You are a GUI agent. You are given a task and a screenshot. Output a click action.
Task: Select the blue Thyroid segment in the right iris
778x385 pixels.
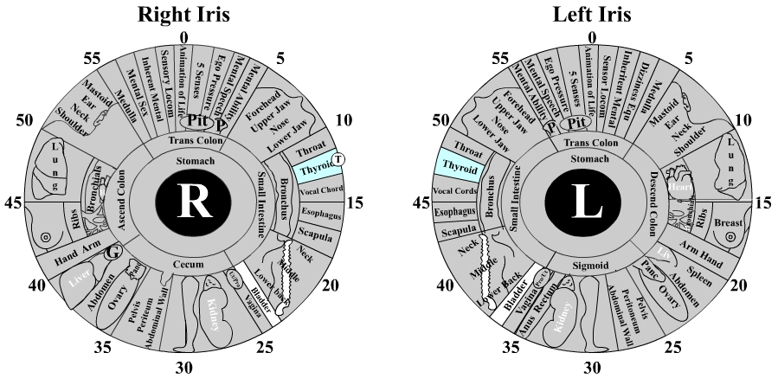pos(317,169)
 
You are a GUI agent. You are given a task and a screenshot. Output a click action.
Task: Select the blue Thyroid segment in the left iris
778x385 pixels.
pos(461,164)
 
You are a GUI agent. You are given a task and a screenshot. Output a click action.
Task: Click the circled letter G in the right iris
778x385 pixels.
pos(111,253)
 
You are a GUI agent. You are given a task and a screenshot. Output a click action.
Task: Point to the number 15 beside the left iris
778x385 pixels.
pos(762,202)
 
